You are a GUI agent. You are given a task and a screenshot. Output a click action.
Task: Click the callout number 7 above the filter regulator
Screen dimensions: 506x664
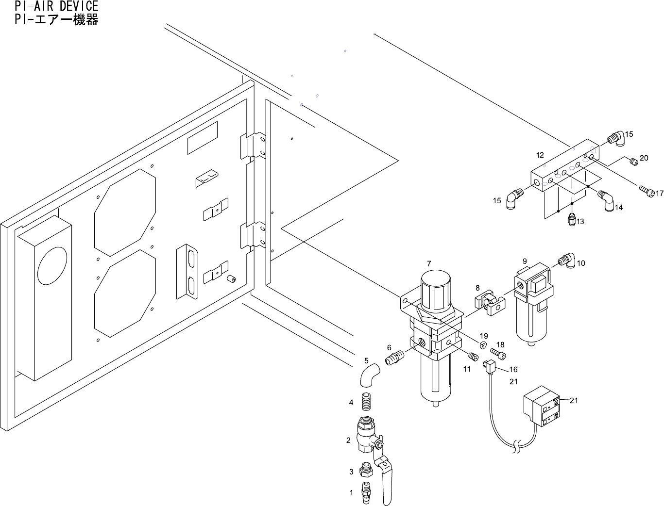(428, 263)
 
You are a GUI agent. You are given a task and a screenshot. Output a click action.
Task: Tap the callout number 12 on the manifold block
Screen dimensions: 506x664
(540, 155)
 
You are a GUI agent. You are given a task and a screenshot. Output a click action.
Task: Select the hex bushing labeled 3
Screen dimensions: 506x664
(366, 470)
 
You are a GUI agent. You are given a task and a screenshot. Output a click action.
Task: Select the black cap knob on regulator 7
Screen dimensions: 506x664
(436, 289)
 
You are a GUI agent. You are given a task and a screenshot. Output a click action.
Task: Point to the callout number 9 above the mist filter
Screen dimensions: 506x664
(525, 261)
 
